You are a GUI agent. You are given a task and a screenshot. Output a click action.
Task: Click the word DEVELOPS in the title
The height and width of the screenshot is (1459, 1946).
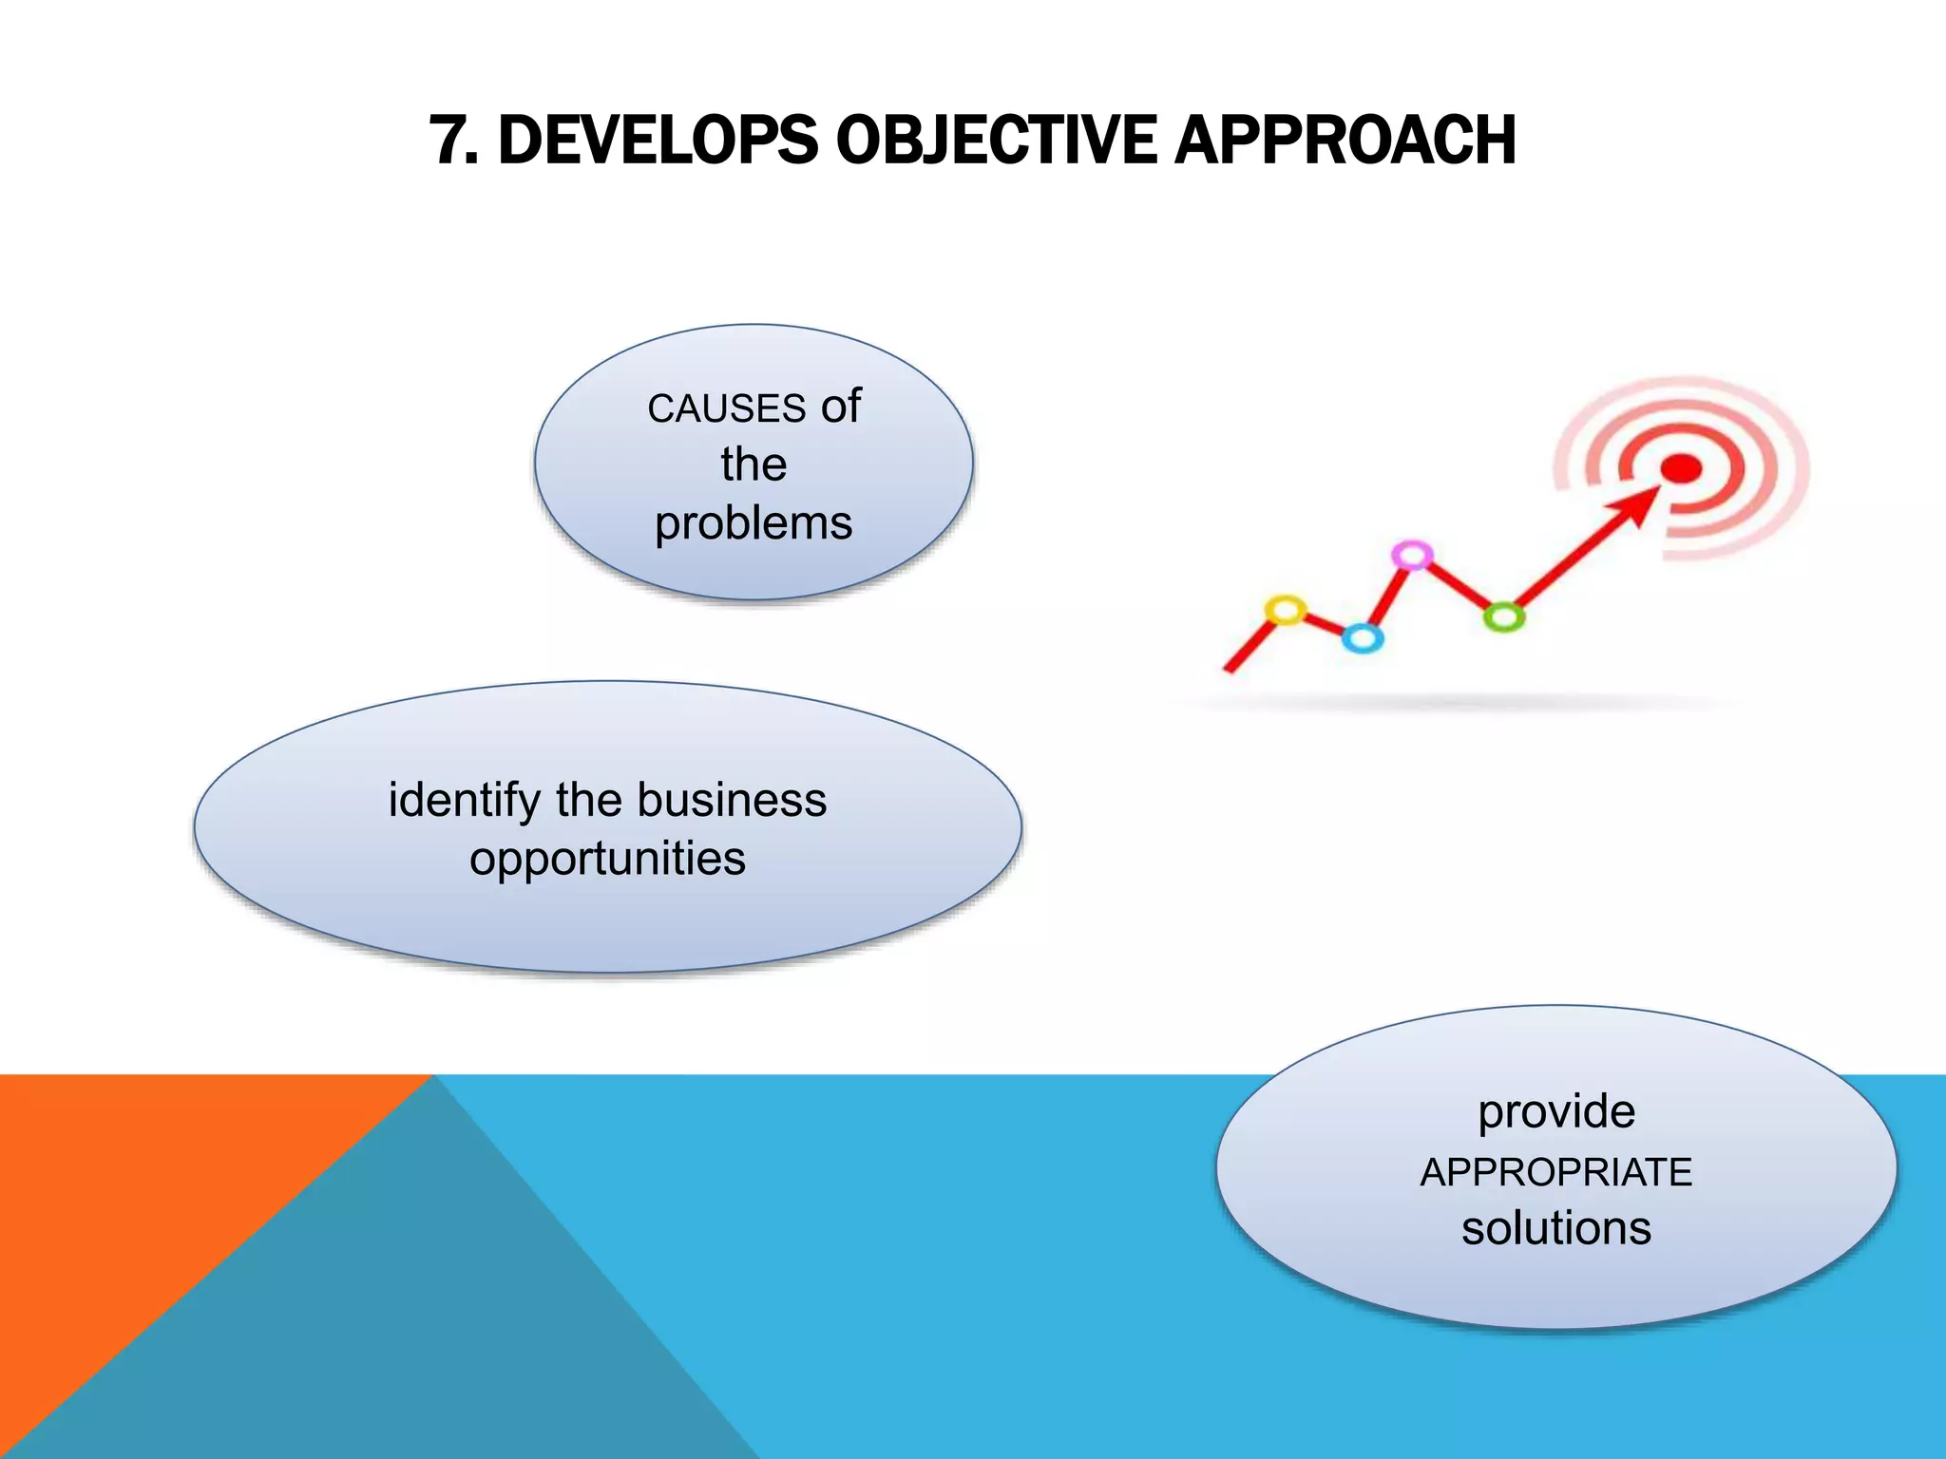[x=658, y=141]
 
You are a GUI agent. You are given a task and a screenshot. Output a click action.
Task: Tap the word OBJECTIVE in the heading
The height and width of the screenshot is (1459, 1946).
[x=996, y=141]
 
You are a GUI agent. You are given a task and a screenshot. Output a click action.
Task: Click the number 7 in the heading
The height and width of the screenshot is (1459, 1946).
[x=448, y=141]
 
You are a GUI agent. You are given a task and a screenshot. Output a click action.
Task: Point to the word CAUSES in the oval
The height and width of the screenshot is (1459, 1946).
[x=727, y=409]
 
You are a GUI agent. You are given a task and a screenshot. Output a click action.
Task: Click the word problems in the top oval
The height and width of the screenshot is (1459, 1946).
[x=754, y=523]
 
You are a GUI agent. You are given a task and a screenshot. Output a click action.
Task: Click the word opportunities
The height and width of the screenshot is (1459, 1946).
[x=607, y=859]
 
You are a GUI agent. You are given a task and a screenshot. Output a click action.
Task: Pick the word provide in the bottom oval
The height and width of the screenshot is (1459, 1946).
[x=1556, y=1111]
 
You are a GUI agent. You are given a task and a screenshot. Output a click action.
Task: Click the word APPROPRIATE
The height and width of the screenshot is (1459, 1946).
[x=1556, y=1172]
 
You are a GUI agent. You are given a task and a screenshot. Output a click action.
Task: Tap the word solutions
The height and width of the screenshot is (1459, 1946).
[x=1556, y=1228]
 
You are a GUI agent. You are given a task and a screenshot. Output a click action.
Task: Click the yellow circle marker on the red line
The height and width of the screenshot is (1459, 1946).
[x=1286, y=610]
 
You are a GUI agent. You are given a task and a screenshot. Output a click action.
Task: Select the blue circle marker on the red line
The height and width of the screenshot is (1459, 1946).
[x=1363, y=638]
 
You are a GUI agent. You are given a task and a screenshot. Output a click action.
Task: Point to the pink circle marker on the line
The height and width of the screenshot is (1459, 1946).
[x=1412, y=555]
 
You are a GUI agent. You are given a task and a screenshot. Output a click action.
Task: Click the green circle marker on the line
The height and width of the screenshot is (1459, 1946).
[x=1503, y=617]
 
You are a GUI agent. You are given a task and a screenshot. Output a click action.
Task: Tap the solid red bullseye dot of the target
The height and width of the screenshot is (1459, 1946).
[x=1682, y=468]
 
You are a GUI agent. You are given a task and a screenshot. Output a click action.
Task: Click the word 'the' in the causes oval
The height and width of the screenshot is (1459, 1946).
[x=754, y=465]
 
